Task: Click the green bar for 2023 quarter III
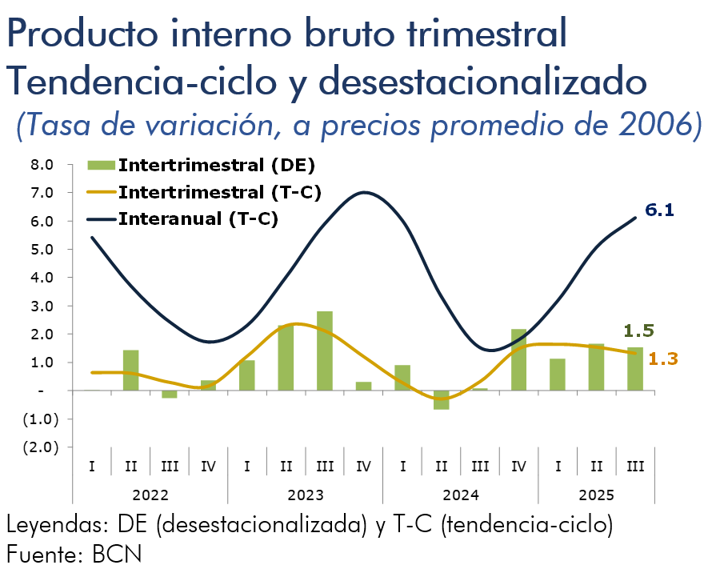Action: pos(325,351)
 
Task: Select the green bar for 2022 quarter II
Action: pos(131,370)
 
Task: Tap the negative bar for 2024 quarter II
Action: pos(442,399)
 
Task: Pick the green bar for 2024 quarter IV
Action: pos(518,359)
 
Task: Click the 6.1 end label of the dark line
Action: pos(660,210)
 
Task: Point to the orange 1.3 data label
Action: pos(663,359)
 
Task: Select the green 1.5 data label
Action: pos(639,330)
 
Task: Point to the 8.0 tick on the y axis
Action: pos(42,165)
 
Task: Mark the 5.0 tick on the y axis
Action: pos(42,250)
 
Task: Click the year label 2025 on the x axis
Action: pos(596,495)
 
